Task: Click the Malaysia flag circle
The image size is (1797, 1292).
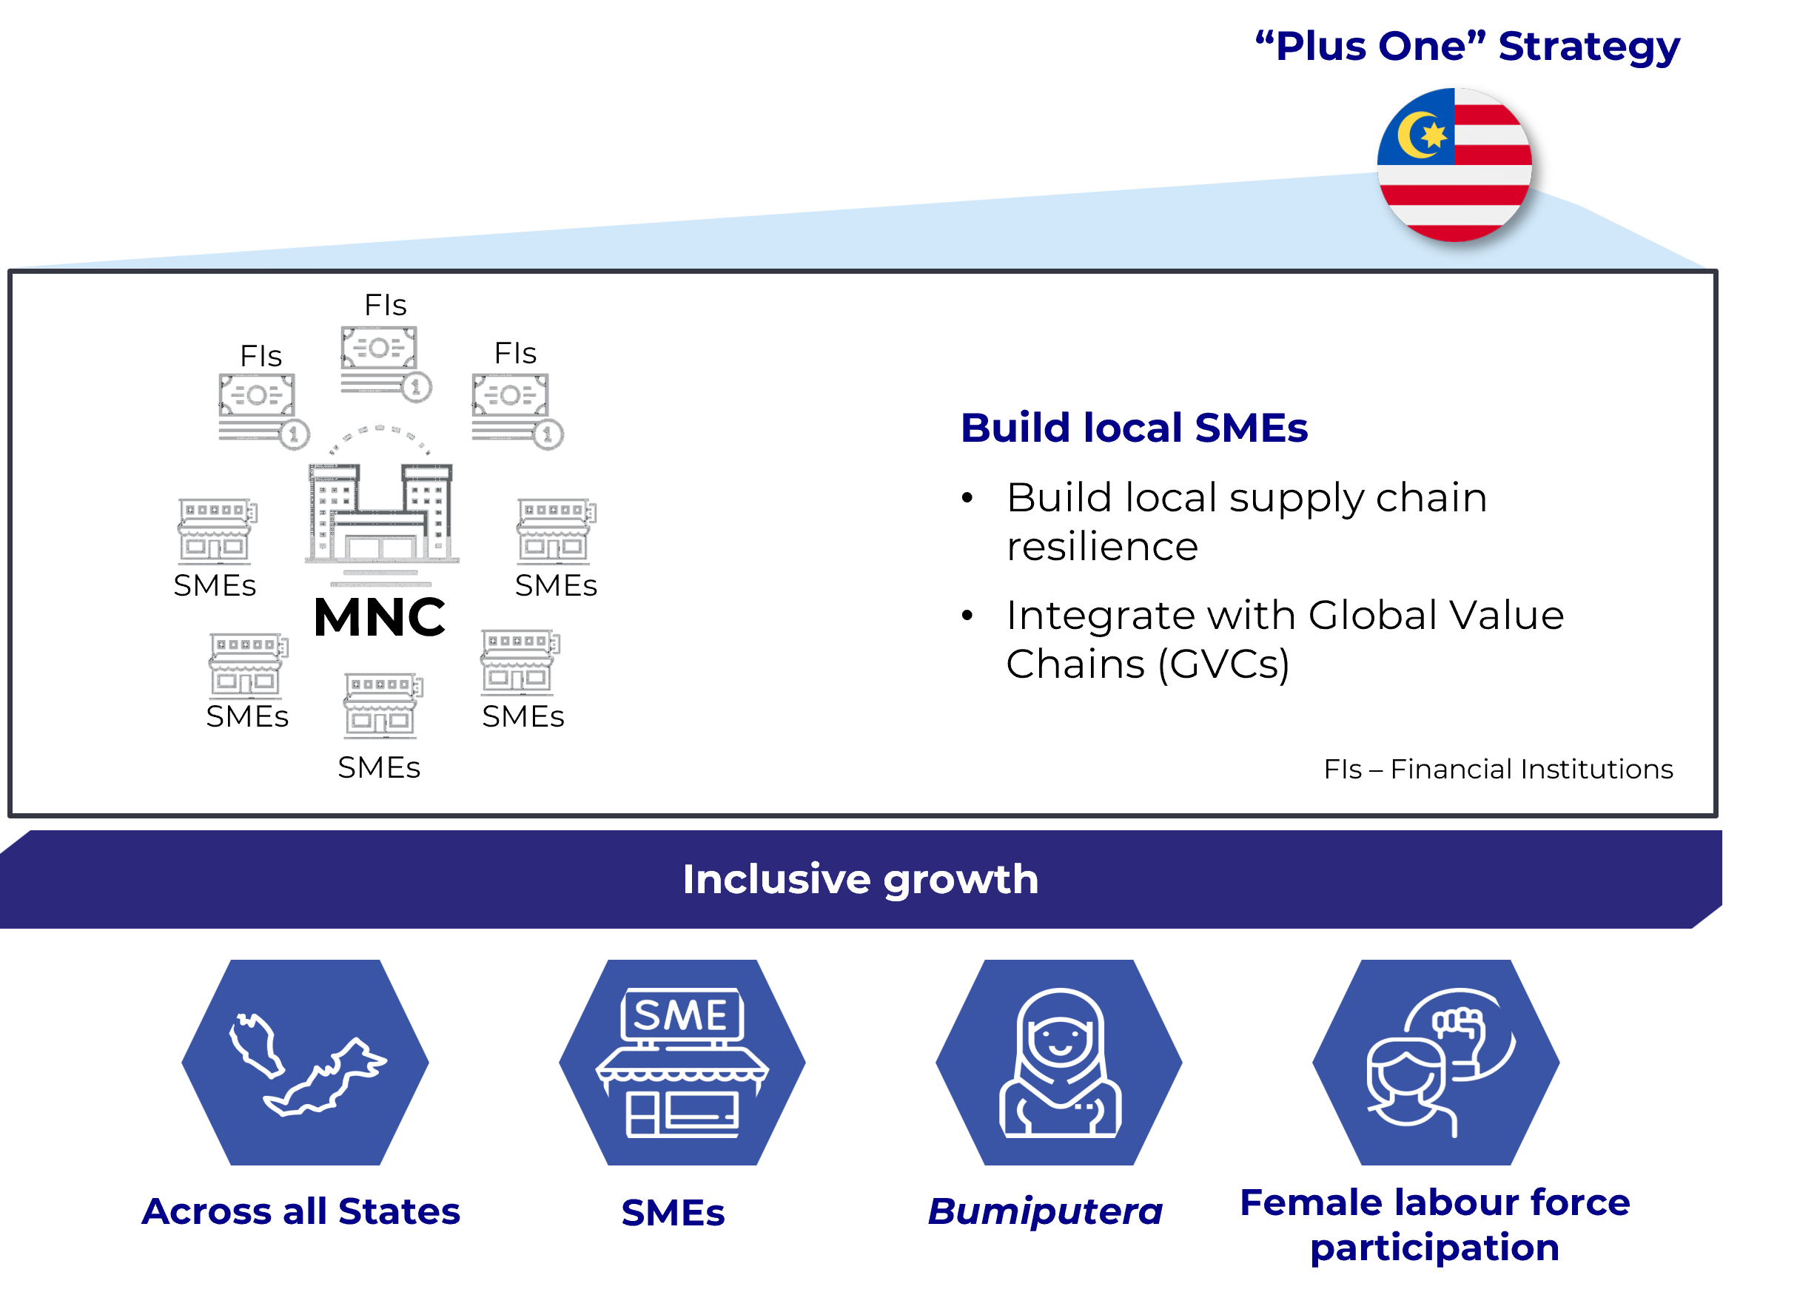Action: click(1455, 165)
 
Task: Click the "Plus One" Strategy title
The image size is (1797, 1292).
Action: click(1468, 46)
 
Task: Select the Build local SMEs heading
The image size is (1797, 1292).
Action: click(1134, 428)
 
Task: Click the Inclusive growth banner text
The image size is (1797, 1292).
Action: click(861, 879)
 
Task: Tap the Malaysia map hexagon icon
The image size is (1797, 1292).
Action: click(305, 1063)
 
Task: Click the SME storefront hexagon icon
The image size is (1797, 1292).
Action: click(682, 1063)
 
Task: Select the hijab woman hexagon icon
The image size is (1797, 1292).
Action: click(1058, 1063)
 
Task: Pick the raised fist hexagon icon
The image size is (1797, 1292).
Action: click(1436, 1063)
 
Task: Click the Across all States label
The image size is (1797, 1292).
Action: click(301, 1211)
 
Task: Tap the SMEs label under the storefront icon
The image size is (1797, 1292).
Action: click(673, 1213)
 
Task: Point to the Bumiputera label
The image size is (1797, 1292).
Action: click(1045, 1211)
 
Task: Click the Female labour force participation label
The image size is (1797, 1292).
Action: click(1435, 1225)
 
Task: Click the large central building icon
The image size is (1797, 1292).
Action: click(381, 519)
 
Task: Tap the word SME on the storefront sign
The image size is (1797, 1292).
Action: click(682, 1015)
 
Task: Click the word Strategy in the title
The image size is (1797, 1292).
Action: click(1588, 46)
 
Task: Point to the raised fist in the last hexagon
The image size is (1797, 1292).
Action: click(1459, 1027)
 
